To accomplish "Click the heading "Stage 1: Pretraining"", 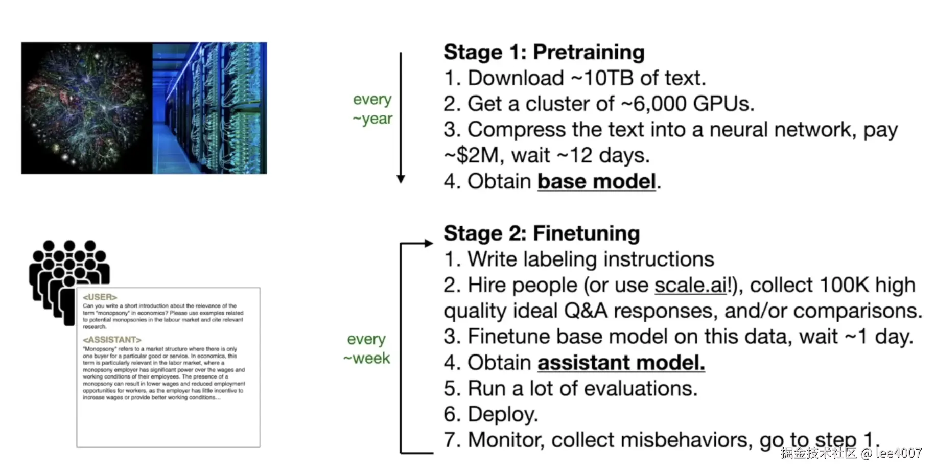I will coord(544,52).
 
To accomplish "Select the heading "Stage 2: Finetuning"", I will coord(542,233).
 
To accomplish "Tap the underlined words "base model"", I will coord(596,182).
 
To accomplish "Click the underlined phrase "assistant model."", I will coord(621,363).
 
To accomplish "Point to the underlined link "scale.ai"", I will coord(690,286).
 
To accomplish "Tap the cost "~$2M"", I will coord(473,155).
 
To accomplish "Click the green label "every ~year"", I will coord(372,109).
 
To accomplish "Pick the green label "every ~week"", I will coord(366,349).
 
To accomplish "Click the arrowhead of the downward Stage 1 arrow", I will coord(401,178).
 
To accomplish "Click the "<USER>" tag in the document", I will coord(100,297).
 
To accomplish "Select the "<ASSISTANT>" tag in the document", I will coord(112,340).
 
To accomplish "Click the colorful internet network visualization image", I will coord(87,108).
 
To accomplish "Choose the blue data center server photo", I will coord(209,108).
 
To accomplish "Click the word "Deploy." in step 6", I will coord(503,414).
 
